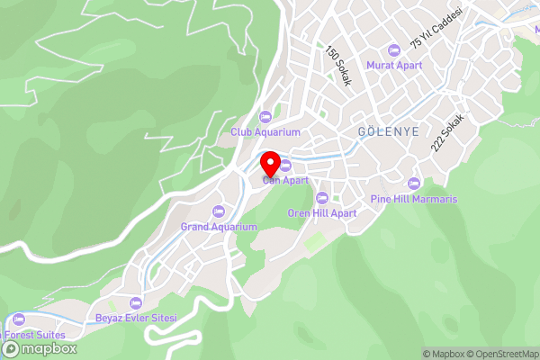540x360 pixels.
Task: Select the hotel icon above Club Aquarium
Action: coord(265,116)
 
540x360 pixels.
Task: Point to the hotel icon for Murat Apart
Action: coord(393,49)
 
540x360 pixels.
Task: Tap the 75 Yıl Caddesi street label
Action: coord(436,28)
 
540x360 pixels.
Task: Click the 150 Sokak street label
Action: coord(337,66)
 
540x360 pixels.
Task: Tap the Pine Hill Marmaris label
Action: coord(414,199)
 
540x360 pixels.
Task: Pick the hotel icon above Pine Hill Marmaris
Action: coord(414,184)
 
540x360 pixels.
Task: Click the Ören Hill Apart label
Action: coord(322,213)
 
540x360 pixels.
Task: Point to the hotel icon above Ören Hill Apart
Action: coord(322,198)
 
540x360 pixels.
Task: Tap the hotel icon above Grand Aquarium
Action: coord(219,211)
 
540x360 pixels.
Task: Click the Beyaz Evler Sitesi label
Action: coord(136,319)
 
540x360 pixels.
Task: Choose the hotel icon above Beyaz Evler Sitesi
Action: coord(136,303)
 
